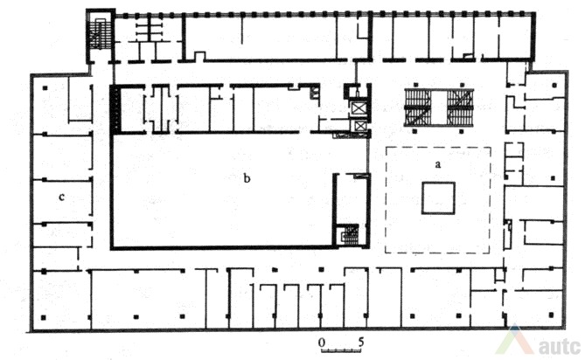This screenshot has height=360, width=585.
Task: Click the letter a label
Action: click(438, 164)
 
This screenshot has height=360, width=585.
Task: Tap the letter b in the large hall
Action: click(247, 179)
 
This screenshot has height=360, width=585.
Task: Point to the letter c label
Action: click(61, 197)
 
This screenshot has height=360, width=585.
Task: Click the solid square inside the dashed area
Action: click(438, 197)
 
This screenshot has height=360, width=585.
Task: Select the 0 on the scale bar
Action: click(322, 343)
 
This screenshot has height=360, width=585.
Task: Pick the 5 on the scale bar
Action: click(361, 343)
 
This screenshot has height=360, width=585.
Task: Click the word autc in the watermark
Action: click(560, 347)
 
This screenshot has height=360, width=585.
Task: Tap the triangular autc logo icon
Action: click(515, 339)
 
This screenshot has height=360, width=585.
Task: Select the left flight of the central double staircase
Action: click(418, 107)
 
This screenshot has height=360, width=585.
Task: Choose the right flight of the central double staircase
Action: click(460, 107)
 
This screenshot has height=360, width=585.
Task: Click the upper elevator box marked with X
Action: click(359, 108)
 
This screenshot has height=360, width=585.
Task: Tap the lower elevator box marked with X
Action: click(359, 127)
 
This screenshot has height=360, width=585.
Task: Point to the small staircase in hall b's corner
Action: click(351, 235)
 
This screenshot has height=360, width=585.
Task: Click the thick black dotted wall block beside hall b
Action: click(115, 109)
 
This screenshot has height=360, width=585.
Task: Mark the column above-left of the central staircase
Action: click(414, 85)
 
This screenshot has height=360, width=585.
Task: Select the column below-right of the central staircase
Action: click(462, 131)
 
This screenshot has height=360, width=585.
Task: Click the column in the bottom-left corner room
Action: click(44, 318)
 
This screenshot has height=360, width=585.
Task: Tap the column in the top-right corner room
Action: click(554, 86)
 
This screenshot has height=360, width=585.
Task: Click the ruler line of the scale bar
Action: click(341, 350)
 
